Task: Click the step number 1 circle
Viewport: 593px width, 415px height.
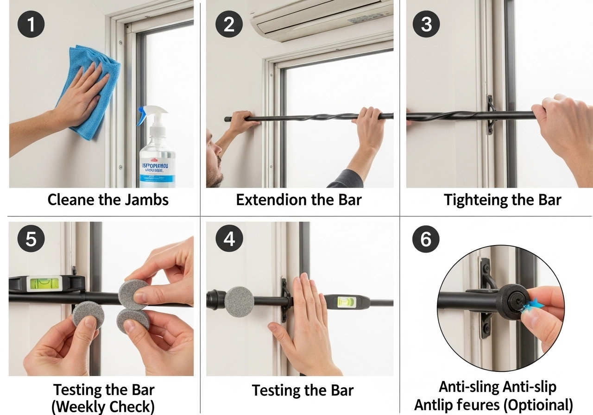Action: [31, 24]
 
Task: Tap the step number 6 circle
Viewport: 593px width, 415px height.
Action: [425, 239]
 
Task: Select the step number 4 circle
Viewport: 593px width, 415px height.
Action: [229, 239]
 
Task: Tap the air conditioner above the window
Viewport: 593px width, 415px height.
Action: [320, 19]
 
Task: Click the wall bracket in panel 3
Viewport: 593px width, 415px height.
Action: [490, 115]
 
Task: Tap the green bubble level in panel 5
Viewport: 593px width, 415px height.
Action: [45, 283]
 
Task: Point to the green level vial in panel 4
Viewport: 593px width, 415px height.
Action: [346, 302]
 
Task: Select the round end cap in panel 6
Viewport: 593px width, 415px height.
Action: [512, 302]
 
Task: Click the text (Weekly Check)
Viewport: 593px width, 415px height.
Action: [103, 407]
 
